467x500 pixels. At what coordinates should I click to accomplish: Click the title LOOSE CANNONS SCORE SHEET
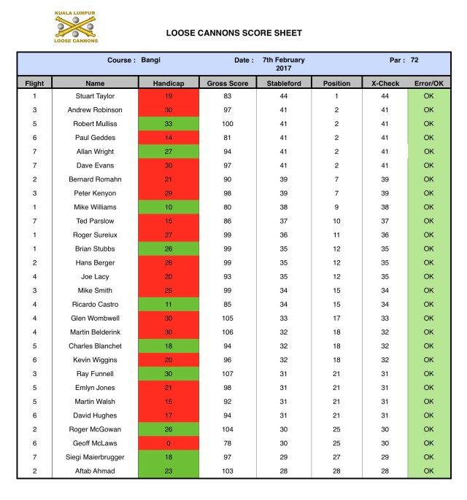click(234, 33)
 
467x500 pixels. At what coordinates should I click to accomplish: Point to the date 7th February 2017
click(284, 63)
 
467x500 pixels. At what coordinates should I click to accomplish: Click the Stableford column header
click(284, 84)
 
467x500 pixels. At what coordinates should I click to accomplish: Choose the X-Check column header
click(385, 84)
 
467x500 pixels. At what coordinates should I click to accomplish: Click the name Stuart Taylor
click(95, 95)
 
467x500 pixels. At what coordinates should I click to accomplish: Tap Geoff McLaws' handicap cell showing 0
click(169, 444)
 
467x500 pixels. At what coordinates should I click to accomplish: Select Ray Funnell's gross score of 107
click(227, 374)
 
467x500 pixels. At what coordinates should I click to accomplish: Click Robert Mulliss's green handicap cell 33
click(169, 124)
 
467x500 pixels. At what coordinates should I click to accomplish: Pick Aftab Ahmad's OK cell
click(428, 472)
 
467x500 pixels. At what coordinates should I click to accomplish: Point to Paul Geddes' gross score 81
click(227, 138)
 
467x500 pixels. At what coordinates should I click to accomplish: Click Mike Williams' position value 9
click(336, 207)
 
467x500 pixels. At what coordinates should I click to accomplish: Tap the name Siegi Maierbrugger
click(95, 458)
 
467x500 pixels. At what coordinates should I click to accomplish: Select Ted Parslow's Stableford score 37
click(284, 221)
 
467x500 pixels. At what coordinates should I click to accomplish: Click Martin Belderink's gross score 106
click(227, 332)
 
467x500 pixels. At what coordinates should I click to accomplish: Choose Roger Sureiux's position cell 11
click(336, 235)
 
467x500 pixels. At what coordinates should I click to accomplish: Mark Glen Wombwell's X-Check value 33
click(385, 319)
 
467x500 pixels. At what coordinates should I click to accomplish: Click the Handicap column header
click(169, 84)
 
